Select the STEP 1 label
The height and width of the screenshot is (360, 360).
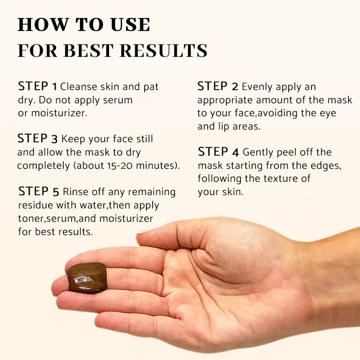pyautogui.click(x=38, y=87)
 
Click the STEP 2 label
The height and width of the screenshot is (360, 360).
pyautogui.click(x=217, y=87)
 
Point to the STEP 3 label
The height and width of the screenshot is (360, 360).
pyautogui.click(x=38, y=139)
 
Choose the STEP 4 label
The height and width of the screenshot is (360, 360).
pyautogui.click(x=218, y=152)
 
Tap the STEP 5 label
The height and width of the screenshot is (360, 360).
pyautogui.click(x=38, y=192)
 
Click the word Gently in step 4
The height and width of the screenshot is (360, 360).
pyautogui.click(x=259, y=153)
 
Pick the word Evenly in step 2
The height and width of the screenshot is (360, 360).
pyautogui.click(x=258, y=87)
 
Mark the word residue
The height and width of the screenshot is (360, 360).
pyautogui.click(x=34, y=205)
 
